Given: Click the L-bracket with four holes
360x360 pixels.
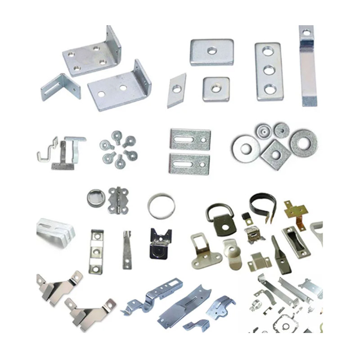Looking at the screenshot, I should [90, 56].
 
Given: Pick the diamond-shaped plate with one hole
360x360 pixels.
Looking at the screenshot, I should [176, 90].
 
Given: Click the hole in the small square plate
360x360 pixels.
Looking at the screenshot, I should [216, 89].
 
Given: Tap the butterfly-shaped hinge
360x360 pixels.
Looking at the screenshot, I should [118, 200].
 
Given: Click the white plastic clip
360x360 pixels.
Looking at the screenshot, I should [54, 232].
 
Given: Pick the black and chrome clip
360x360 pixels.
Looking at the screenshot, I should [160, 243].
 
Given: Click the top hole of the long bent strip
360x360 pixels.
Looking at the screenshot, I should [306, 32].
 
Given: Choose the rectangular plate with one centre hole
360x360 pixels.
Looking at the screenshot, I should [211, 52].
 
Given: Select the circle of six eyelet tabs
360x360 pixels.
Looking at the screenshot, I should [118, 149].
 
